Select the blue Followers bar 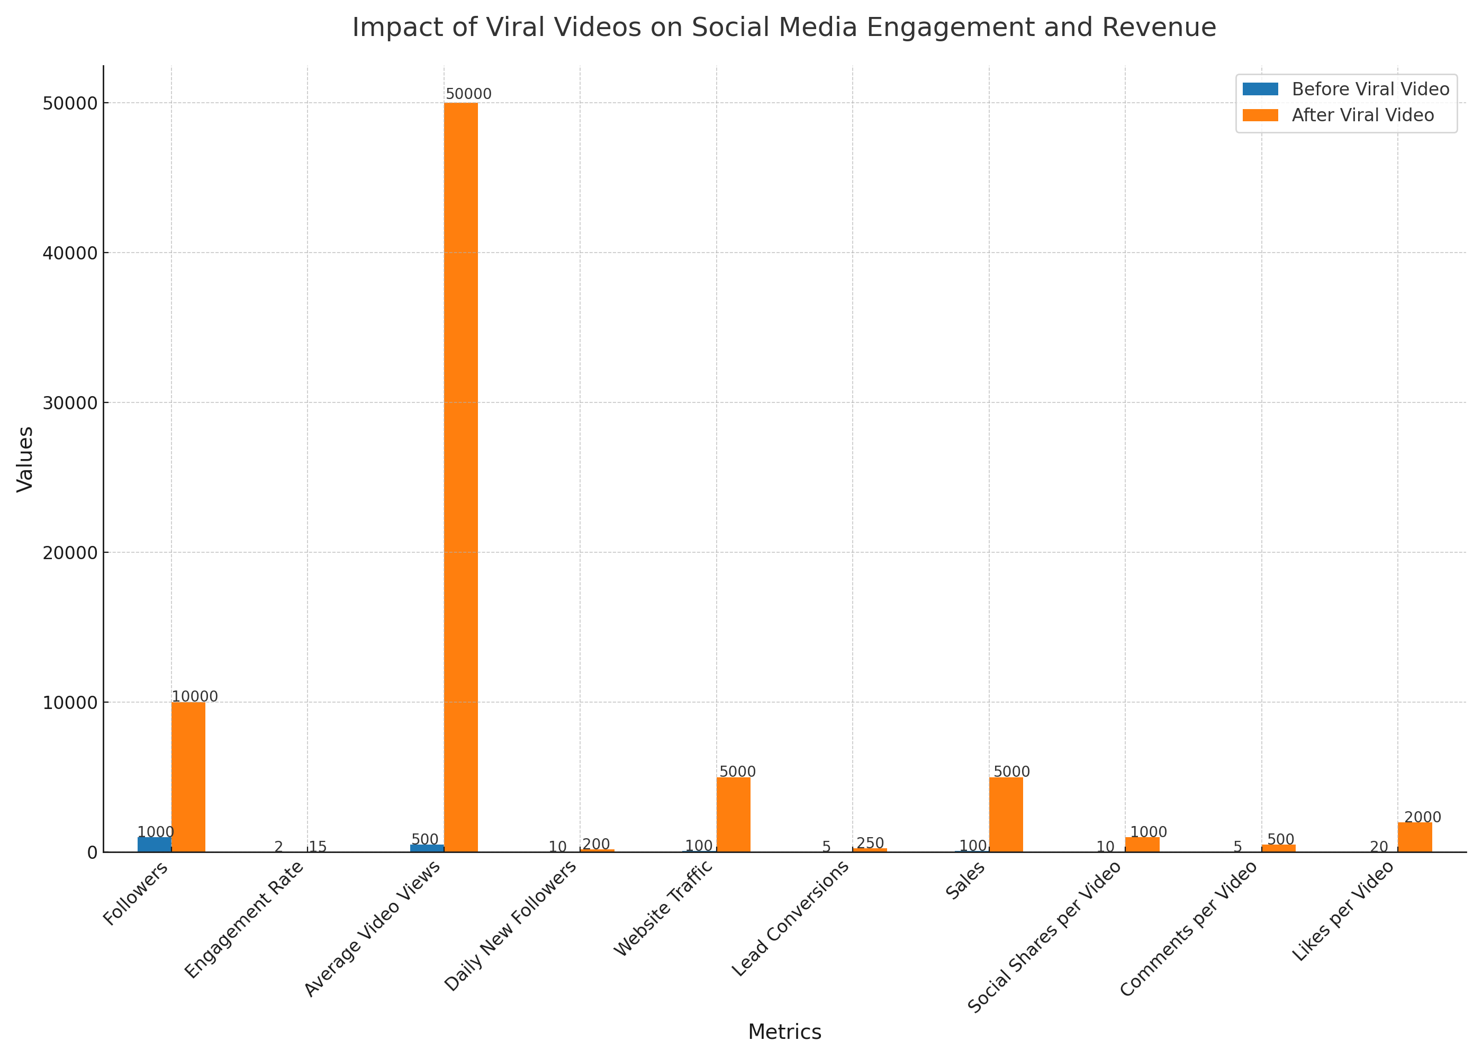point(154,844)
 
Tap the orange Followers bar point(188,777)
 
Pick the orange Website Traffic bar point(733,814)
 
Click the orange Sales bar point(1006,814)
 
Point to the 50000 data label point(468,94)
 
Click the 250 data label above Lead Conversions point(870,843)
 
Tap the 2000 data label point(1422,817)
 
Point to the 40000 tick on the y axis point(70,253)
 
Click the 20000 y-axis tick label point(70,552)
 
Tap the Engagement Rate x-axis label point(245,919)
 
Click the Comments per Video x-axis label point(1189,929)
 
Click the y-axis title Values point(25,459)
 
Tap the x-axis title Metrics point(784,1031)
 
